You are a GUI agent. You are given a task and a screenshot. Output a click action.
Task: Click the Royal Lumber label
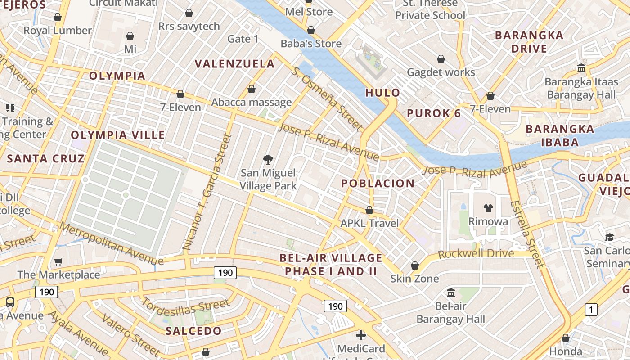pyautogui.click(x=58, y=31)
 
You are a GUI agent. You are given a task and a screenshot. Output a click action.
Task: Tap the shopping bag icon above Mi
pyautogui.click(x=130, y=36)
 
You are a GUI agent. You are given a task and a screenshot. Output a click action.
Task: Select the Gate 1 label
pyautogui.click(x=243, y=39)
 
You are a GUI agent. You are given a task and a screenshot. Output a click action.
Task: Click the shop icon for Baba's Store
pyautogui.click(x=310, y=31)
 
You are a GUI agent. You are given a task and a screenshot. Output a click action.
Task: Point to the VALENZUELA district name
pyautogui.click(x=234, y=64)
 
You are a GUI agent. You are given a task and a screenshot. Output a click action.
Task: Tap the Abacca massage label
pyautogui.click(x=252, y=103)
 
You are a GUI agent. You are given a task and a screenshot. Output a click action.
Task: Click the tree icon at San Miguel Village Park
pyautogui.click(x=268, y=159)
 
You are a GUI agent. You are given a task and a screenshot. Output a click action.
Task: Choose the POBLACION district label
pyautogui.click(x=378, y=184)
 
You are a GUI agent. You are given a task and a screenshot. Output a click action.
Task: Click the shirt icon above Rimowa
pyautogui.click(x=488, y=208)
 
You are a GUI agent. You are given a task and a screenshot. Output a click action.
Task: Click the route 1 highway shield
pyautogui.click(x=591, y=310)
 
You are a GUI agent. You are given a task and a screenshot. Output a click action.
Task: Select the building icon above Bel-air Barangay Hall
pyautogui.click(x=451, y=293)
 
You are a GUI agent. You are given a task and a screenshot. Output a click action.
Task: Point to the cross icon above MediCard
pyautogui.click(x=361, y=335)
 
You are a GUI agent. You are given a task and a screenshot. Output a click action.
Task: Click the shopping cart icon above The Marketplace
pyautogui.click(x=58, y=261)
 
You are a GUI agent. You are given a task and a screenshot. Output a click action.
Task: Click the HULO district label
pyautogui.click(x=382, y=93)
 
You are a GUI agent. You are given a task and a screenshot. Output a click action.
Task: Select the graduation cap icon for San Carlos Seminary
pyautogui.click(x=609, y=237)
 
